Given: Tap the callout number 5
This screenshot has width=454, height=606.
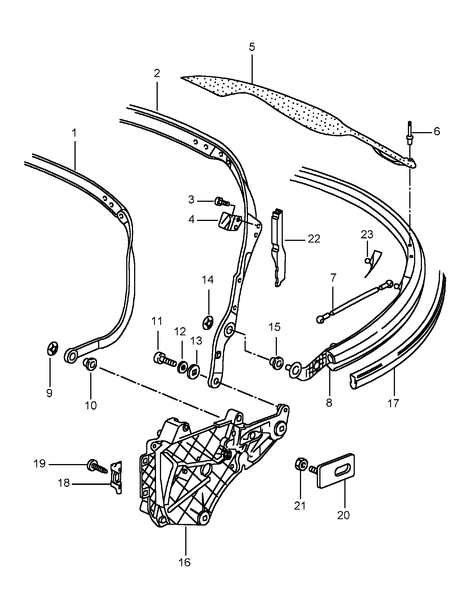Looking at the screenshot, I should point(252,47).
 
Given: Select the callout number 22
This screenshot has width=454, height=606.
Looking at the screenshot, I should point(314,239).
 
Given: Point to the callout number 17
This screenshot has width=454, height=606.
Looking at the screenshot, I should point(393,404).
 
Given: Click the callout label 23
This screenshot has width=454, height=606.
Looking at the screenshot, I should point(367,234).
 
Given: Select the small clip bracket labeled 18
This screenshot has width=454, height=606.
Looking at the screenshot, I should point(117,476).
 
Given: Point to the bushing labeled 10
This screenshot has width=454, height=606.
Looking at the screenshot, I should point(90,365).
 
